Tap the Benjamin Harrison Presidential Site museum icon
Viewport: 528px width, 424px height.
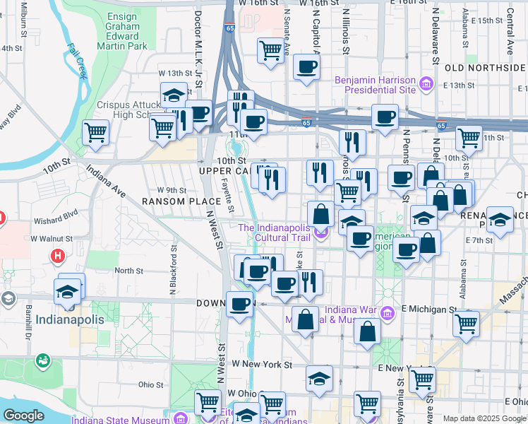pyautogui.click(x=426, y=85)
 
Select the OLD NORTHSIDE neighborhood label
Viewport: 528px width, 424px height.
pyautogui.click(x=486, y=68)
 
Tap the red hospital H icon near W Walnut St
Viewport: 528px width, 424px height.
pyautogui.click(x=59, y=255)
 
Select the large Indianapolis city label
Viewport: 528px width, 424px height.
pyautogui.click(x=70, y=319)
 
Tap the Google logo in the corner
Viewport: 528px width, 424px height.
pyautogui.click(x=23, y=415)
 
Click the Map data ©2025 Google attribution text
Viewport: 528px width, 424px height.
pyautogui.click(x=484, y=418)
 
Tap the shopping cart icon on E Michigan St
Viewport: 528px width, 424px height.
pyautogui.click(x=466, y=324)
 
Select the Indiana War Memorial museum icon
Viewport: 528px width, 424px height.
pyautogui.click(x=386, y=312)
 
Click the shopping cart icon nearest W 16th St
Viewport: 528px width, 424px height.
pyautogui.click(x=270, y=51)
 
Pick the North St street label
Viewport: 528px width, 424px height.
pyautogui.click(x=128, y=271)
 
